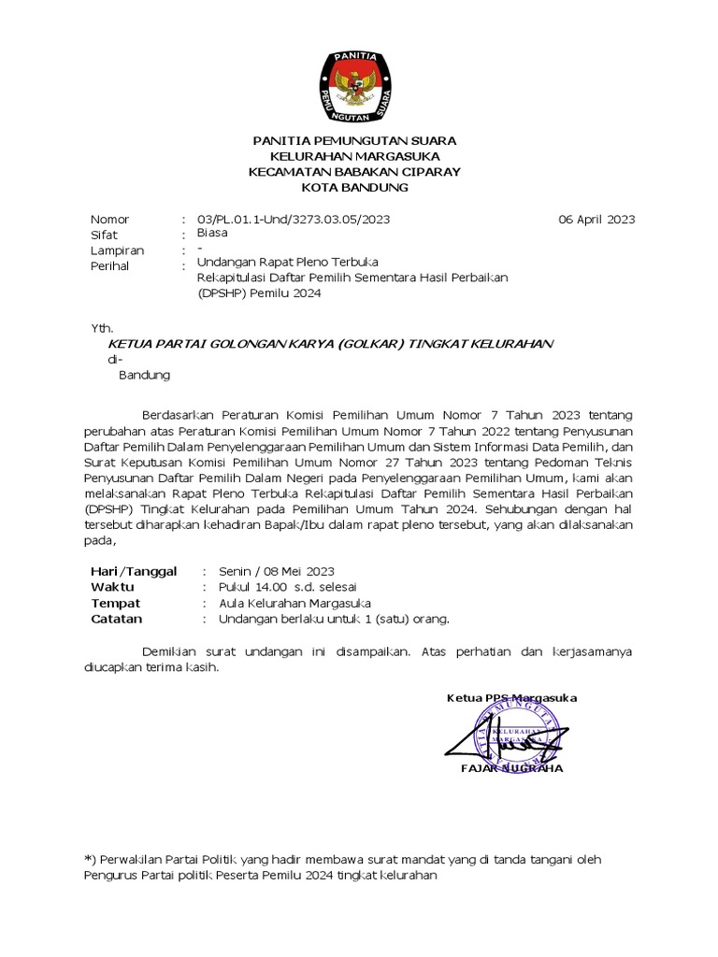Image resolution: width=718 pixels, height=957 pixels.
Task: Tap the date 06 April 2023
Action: tap(595, 220)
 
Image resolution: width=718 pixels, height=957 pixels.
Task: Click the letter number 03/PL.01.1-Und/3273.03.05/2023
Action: tap(294, 220)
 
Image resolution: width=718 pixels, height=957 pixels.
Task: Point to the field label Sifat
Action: tap(103, 236)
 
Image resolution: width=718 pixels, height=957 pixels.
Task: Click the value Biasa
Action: tap(213, 234)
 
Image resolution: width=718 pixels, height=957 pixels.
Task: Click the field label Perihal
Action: tap(109, 266)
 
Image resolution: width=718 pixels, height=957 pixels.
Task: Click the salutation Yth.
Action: tap(101, 328)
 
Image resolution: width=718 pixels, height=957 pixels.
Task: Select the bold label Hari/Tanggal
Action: tap(134, 571)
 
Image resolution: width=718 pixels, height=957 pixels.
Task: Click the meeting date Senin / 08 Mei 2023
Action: tap(276, 571)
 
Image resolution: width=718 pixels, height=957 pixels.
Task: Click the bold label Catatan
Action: tap(116, 619)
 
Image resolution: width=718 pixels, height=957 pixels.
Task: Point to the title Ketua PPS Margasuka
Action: tap(511, 698)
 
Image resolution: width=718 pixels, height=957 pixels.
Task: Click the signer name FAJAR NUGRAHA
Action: tap(511, 768)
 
